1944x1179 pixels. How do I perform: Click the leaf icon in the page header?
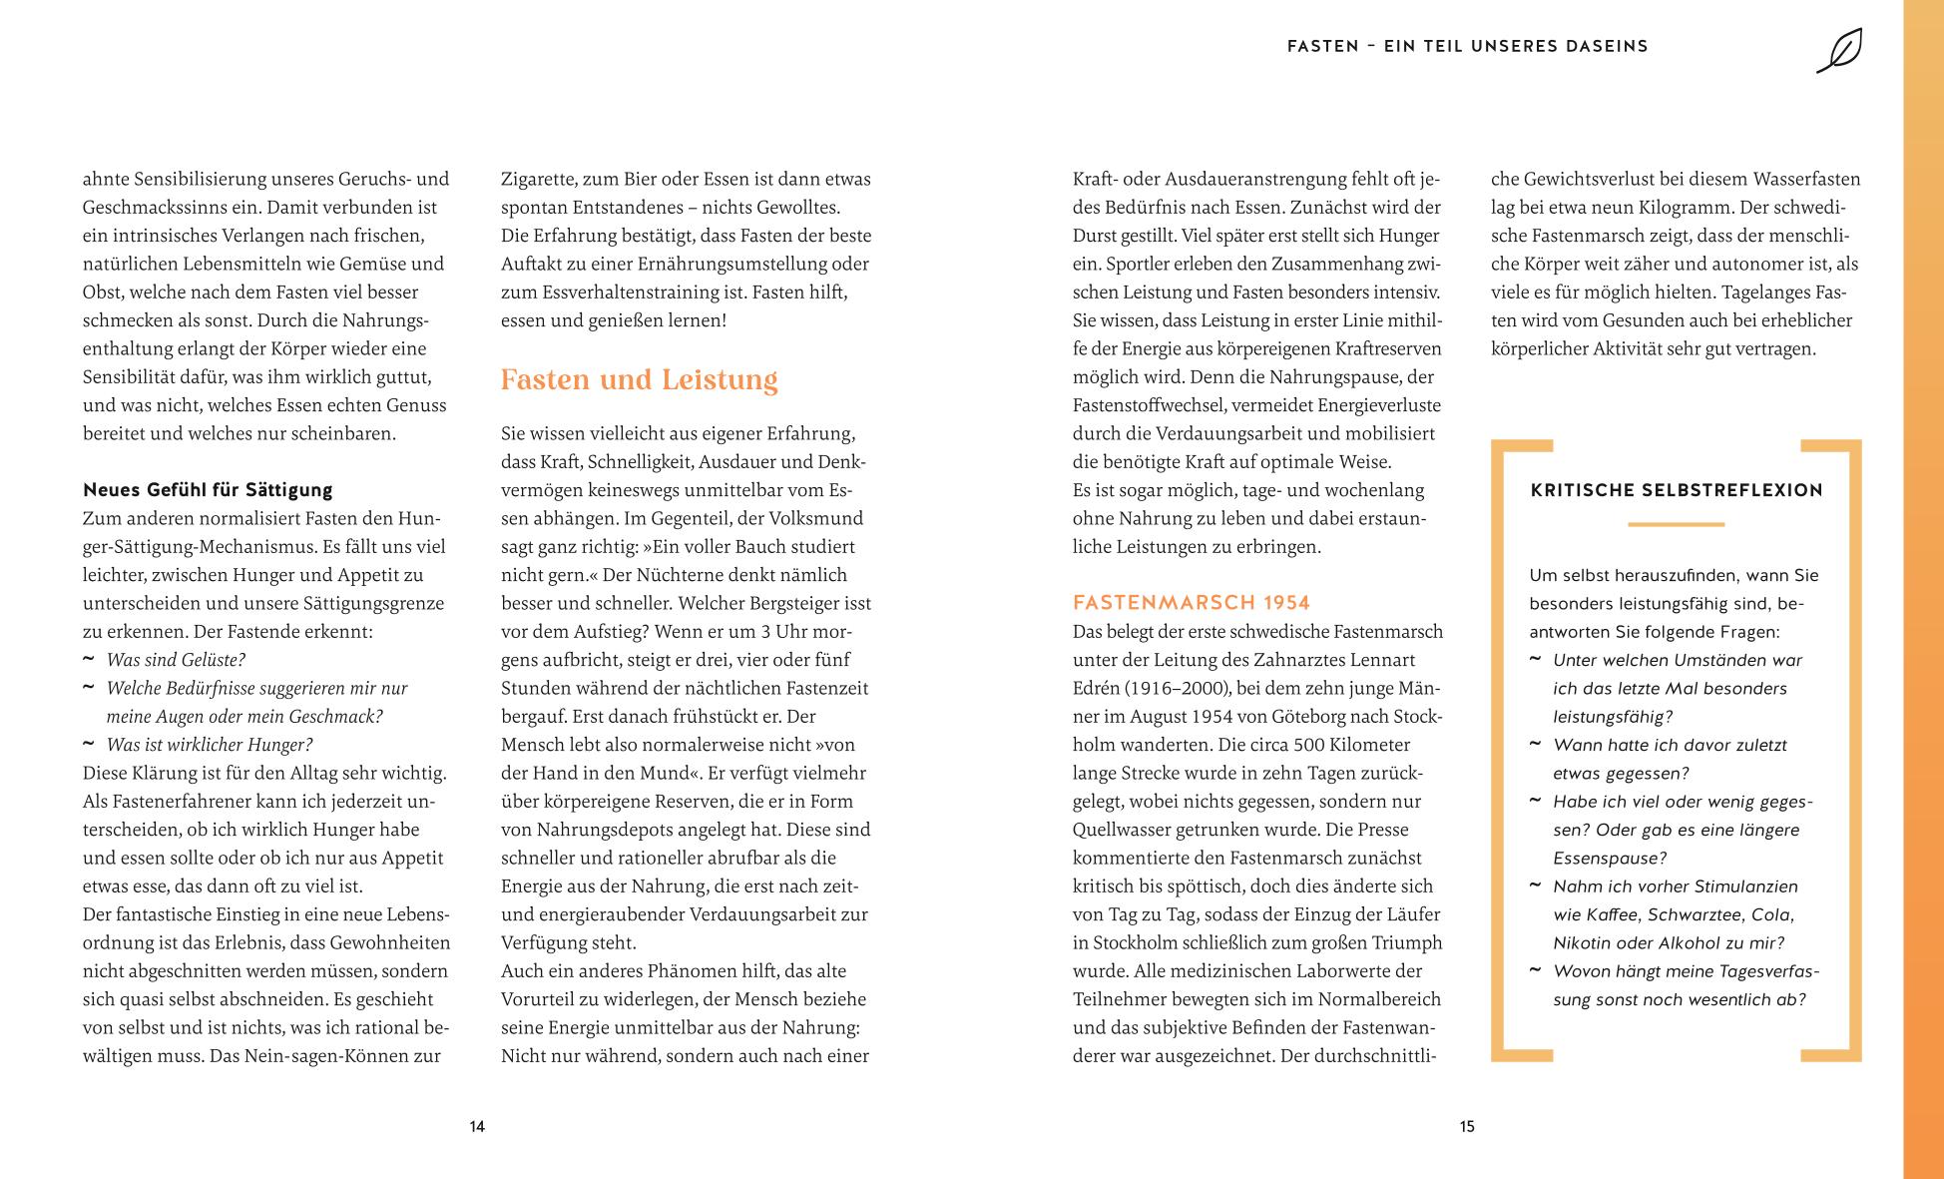point(1839,50)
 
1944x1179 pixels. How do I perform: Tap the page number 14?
point(477,1126)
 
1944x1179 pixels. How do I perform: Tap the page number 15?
point(1466,1126)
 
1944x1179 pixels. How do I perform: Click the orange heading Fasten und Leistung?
point(639,379)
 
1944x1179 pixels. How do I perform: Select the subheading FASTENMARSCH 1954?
point(1191,602)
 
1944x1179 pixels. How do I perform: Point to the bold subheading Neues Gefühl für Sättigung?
point(208,489)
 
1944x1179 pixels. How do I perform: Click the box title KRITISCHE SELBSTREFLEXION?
point(1676,489)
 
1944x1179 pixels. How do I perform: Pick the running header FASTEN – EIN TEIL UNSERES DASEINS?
point(1467,46)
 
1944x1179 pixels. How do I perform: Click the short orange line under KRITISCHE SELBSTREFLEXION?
point(1676,524)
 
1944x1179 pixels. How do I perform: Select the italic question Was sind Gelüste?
point(176,660)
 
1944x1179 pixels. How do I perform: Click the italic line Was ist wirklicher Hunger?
point(210,745)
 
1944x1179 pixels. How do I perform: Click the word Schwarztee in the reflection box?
point(1694,914)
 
